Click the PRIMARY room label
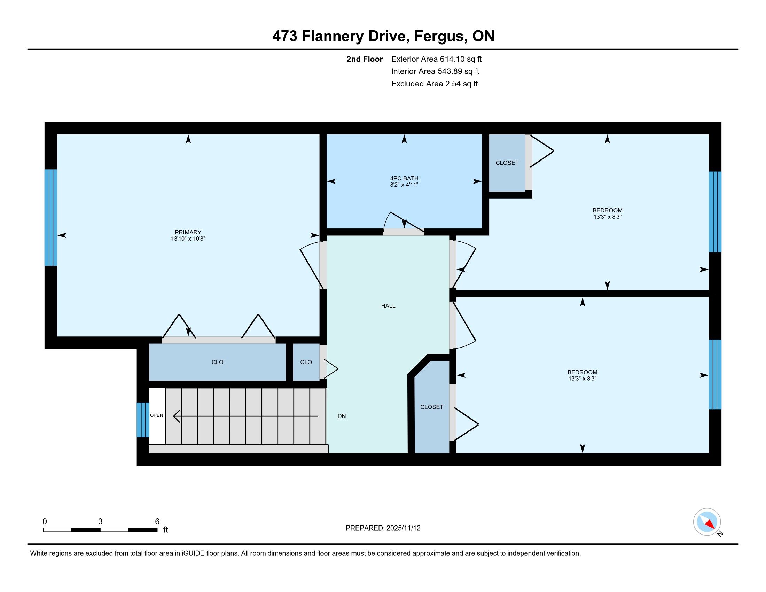point(188,232)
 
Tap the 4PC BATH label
point(404,178)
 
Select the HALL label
point(388,306)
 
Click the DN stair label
point(342,416)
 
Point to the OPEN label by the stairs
point(156,415)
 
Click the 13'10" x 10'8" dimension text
point(188,239)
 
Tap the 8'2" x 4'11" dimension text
point(404,185)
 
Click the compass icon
point(707,522)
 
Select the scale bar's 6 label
point(157,521)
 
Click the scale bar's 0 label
point(45,521)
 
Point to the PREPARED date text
point(383,528)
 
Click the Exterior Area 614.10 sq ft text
point(436,59)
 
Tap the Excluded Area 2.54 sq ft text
point(435,84)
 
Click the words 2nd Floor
point(365,59)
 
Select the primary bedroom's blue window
point(51,217)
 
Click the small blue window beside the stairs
point(143,420)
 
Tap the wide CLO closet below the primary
point(218,362)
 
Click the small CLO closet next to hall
point(306,362)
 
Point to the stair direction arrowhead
point(177,416)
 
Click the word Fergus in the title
point(440,36)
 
